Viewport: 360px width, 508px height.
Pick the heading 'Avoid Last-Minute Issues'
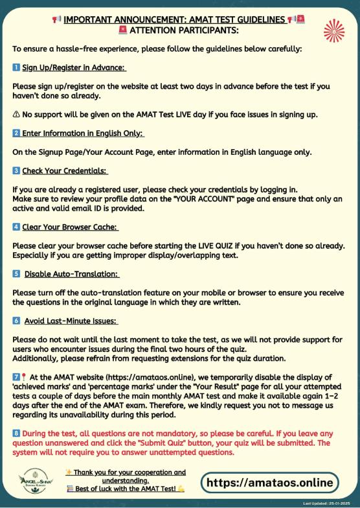click(x=71, y=321)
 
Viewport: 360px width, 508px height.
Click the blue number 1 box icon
click(x=17, y=67)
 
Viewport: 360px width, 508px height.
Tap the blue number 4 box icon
click(x=17, y=227)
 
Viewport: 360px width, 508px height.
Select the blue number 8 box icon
click(x=17, y=432)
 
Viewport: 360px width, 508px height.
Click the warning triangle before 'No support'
click(x=16, y=115)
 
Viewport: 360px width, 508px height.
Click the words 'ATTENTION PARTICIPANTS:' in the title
click(x=185, y=30)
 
